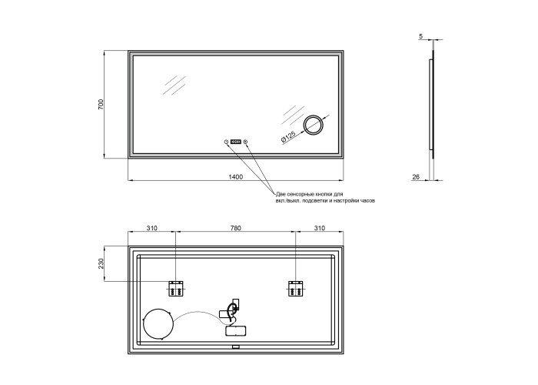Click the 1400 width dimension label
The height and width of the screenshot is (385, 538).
(x=236, y=176)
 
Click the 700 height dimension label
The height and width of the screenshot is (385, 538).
(x=101, y=104)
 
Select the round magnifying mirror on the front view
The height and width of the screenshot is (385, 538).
(x=314, y=125)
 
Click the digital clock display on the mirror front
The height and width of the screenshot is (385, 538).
(x=236, y=141)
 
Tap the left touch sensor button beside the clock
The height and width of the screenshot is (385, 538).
(x=226, y=142)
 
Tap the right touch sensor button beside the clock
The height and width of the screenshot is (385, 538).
(x=245, y=142)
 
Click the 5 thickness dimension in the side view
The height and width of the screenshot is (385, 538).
(x=421, y=35)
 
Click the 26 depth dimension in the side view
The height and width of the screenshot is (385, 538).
(x=416, y=176)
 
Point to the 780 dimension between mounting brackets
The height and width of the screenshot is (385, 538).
(x=235, y=228)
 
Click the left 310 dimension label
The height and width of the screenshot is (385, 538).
(x=151, y=228)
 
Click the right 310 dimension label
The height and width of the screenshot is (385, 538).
(x=319, y=228)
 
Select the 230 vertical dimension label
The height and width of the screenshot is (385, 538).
(x=101, y=263)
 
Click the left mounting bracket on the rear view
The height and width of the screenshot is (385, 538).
(x=176, y=289)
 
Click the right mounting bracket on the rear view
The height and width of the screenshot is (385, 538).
(x=295, y=289)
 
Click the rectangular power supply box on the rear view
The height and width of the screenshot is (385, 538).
(x=236, y=330)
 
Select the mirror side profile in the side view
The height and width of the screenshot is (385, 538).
(x=432, y=105)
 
